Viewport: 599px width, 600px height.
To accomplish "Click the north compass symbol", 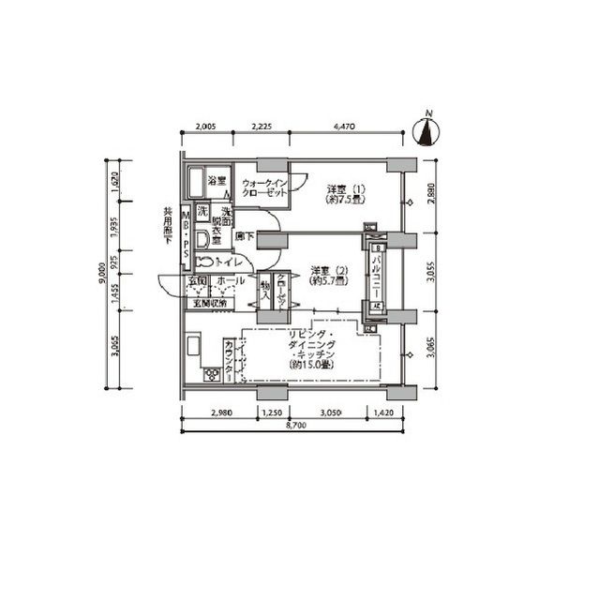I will (x=427, y=131).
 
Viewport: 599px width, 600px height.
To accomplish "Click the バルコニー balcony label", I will (x=376, y=277).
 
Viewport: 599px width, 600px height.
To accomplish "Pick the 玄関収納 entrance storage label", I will (x=210, y=302).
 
